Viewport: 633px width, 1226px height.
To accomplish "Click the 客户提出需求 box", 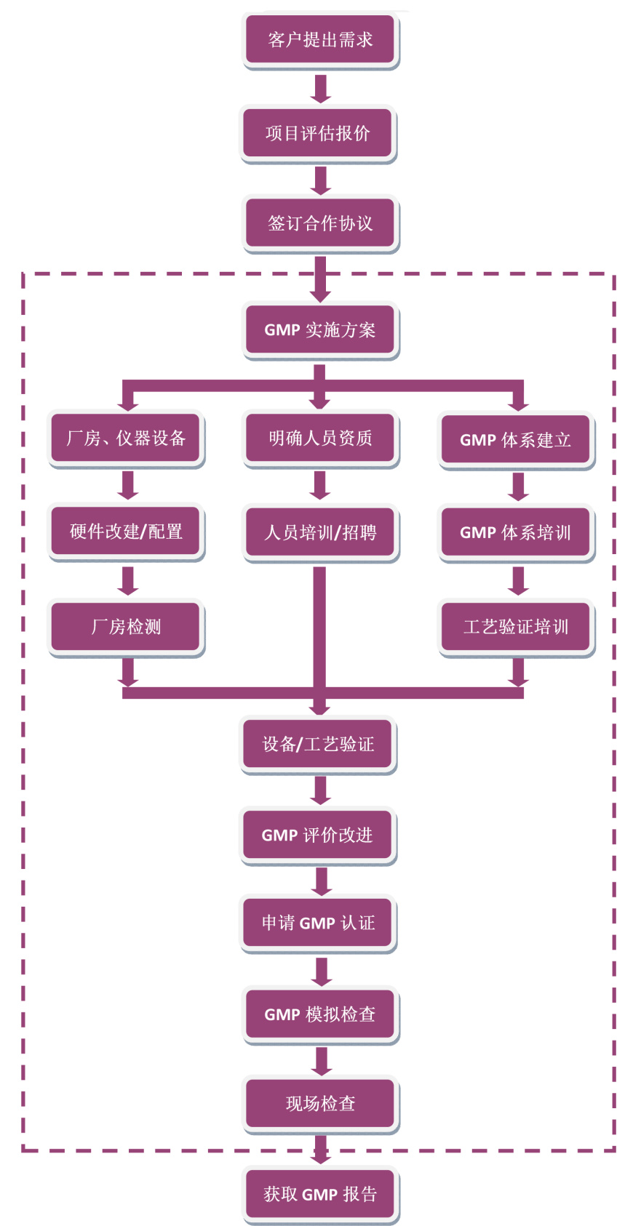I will click(320, 39).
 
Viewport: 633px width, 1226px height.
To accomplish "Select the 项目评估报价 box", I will click(318, 133).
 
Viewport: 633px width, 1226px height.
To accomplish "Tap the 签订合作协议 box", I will click(320, 223).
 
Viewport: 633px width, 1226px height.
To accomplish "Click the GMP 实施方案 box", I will click(320, 329).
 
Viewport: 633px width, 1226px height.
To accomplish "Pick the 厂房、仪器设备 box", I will click(127, 438).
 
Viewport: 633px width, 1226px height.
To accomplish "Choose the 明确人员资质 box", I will click(320, 438).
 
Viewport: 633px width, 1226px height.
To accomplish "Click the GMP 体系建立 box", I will click(516, 439).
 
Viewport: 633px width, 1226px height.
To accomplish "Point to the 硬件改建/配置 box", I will click(127, 532).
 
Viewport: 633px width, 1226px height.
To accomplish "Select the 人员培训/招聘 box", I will click(320, 532).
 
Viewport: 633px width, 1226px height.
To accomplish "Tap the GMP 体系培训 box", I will click(516, 532).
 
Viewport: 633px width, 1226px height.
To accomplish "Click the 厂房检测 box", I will click(127, 626).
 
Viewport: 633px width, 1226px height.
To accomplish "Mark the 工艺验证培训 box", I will click(516, 626).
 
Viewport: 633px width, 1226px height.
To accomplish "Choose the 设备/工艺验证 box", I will click(318, 744).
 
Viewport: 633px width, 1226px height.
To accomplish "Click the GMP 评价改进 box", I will click(318, 835).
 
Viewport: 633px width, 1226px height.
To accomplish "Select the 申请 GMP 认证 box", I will click(318, 923).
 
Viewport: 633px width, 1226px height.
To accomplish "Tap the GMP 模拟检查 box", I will click(320, 1014).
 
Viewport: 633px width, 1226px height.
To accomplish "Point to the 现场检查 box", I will click(320, 1103).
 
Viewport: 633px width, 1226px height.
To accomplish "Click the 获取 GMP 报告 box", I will click(320, 1194).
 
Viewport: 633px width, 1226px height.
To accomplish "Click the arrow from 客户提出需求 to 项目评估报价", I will click(320, 88).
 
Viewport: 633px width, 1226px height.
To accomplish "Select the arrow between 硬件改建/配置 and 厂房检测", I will click(128, 580).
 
